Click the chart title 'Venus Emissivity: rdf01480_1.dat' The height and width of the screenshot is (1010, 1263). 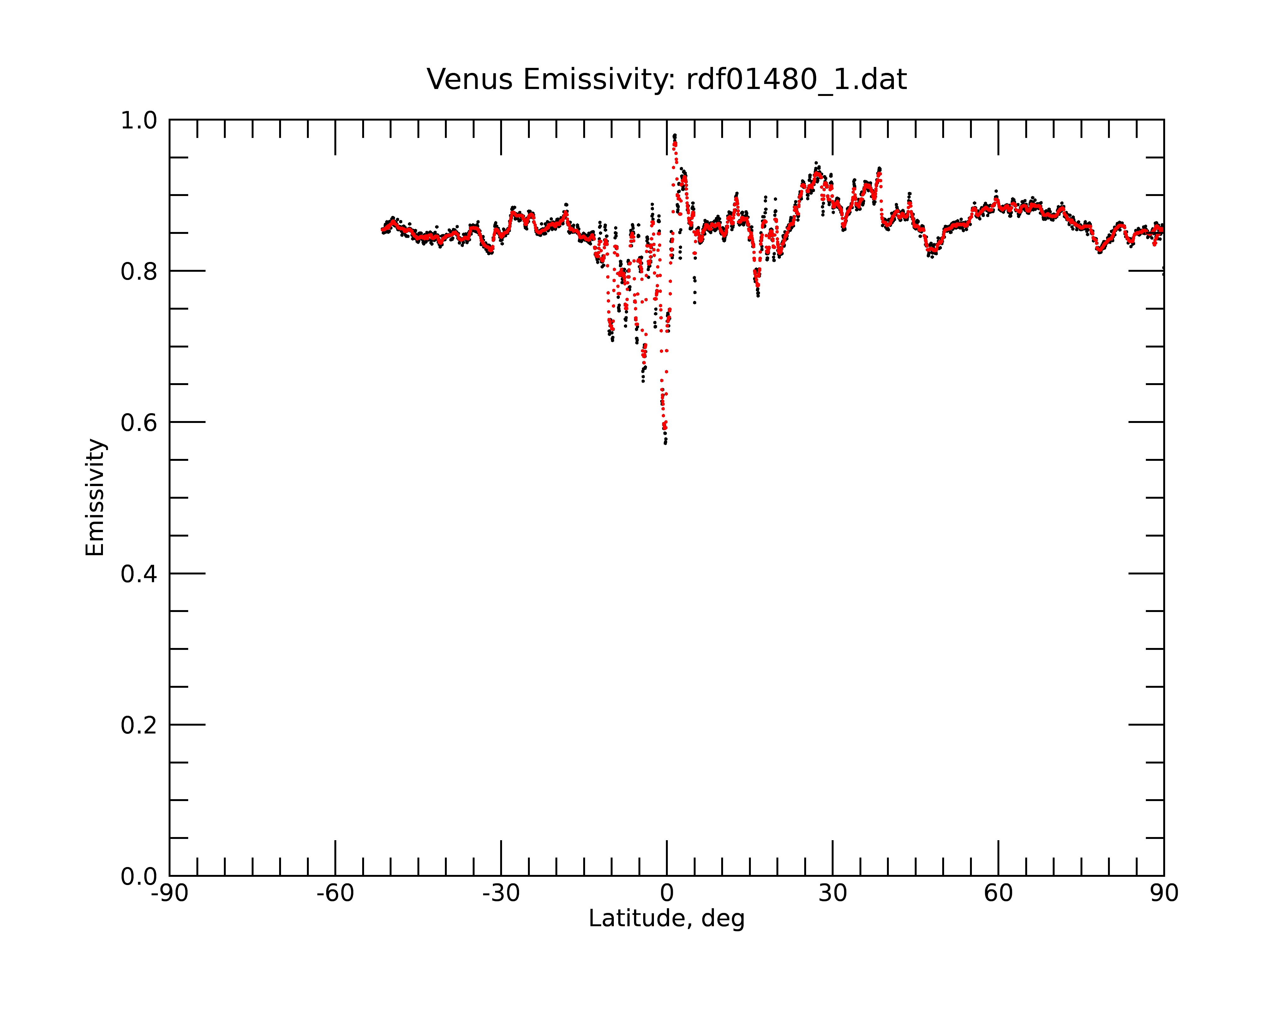[x=667, y=80]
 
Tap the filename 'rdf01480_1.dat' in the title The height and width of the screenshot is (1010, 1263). [x=797, y=80]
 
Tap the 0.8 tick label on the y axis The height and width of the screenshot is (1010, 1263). [x=140, y=272]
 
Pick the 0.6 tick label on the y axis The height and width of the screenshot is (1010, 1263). [x=140, y=423]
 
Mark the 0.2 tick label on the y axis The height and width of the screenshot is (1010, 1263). [x=140, y=725]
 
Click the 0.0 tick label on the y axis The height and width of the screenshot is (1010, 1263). [x=140, y=876]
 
